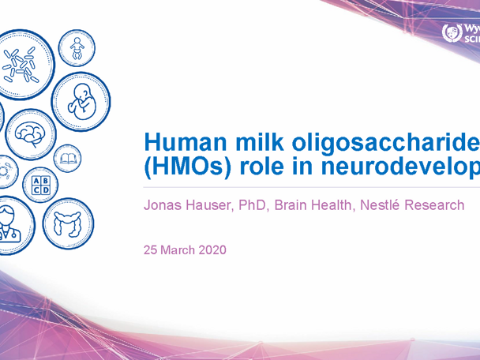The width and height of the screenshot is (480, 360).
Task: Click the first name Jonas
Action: click(x=161, y=205)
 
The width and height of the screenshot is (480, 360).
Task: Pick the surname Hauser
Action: click(x=208, y=205)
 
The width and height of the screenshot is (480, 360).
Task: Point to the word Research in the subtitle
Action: click(x=436, y=205)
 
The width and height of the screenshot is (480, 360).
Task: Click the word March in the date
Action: click(x=178, y=250)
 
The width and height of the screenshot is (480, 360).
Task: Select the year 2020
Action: click(x=212, y=250)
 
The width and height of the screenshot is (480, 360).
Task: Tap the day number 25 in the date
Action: click(x=150, y=250)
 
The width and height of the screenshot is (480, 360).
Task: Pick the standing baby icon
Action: click(x=77, y=51)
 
